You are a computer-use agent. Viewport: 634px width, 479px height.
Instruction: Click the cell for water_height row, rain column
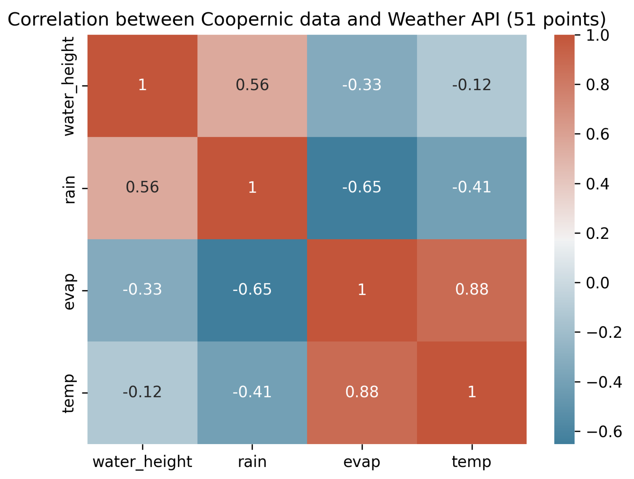click(x=252, y=85)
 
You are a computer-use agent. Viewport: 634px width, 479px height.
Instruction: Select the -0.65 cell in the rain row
click(x=362, y=188)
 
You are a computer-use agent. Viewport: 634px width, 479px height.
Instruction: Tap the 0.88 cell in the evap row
click(x=471, y=290)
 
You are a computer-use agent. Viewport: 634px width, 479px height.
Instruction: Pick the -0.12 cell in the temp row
click(x=142, y=392)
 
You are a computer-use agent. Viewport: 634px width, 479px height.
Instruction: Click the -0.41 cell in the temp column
click(x=471, y=188)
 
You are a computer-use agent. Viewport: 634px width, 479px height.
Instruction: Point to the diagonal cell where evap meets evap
click(x=362, y=290)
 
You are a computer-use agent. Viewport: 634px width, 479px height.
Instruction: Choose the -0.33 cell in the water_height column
click(x=142, y=290)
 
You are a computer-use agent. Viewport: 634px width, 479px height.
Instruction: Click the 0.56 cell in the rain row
click(x=142, y=188)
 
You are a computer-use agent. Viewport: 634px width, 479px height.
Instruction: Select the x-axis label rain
click(x=252, y=462)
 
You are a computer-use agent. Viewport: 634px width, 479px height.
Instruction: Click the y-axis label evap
click(x=69, y=291)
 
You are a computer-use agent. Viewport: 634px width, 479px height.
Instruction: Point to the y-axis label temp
click(x=68, y=393)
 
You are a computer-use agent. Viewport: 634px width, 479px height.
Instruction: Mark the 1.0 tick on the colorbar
click(x=597, y=36)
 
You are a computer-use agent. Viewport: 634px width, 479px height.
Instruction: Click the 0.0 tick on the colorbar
click(x=597, y=283)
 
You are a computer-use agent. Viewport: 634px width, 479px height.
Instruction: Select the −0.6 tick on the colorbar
click(x=604, y=432)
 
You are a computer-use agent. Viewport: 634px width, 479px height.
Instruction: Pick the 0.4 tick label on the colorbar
click(x=597, y=184)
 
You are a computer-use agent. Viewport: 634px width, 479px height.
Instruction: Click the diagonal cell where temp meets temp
click(x=471, y=392)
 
